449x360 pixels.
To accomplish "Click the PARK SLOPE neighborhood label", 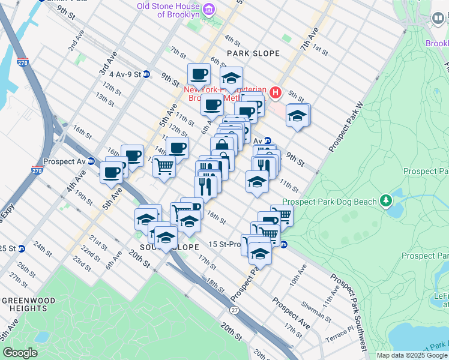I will pyautogui.click(x=253, y=53).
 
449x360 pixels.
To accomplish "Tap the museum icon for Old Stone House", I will pyautogui.click(x=208, y=9).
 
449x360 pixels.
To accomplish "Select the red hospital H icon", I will pyautogui.click(x=276, y=92).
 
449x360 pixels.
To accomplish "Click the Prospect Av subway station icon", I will pyautogui.click(x=91, y=161).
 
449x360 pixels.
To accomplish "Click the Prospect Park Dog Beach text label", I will pyautogui.click(x=330, y=202).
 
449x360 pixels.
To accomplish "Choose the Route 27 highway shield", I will pyautogui.click(x=234, y=309).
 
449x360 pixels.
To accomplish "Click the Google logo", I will pyautogui.click(x=20, y=353).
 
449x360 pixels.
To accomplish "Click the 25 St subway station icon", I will pyautogui.click(x=22, y=248).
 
